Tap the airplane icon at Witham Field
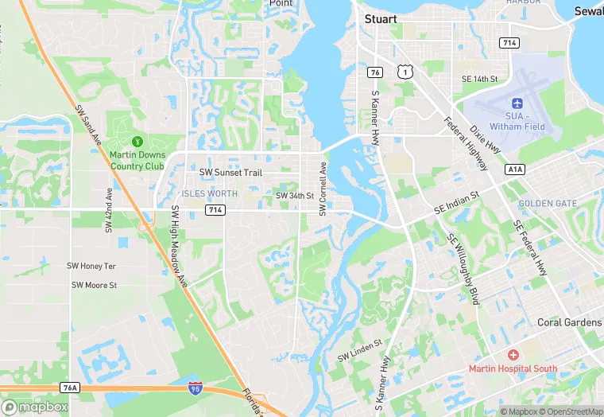click(x=517, y=103)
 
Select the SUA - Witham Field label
click(x=517, y=122)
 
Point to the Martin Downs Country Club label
click(x=137, y=161)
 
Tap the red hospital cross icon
click(x=513, y=353)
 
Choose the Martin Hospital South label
click(x=513, y=368)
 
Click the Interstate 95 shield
click(x=195, y=388)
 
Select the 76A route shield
click(x=70, y=388)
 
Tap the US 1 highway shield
click(x=406, y=72)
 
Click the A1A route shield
click(x=514, y=170)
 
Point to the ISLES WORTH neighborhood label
click(x=210, y=193)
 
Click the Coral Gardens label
click(x=569, y=322)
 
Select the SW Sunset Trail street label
click(x=229, y=172)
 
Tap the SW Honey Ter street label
click(x=91, y=266)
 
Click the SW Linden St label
click(x=359, y=348)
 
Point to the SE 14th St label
click(x=479, y=79)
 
